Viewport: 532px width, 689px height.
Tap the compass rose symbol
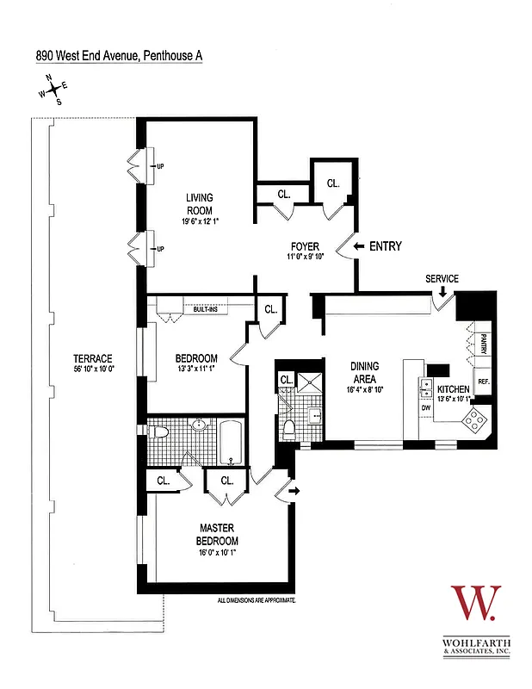pos(53,90)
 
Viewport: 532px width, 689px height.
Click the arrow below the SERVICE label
pos(442,293)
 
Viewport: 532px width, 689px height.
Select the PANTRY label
pos(484,344)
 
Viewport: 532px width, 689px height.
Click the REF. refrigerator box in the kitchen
pos(483,382)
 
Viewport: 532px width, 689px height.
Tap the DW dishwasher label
pos(425,407)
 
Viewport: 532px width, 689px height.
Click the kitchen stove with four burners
pos(474,420)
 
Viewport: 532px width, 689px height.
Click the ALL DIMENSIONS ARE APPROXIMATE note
pos(257,598)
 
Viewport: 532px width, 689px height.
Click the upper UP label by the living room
pos(160,167)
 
